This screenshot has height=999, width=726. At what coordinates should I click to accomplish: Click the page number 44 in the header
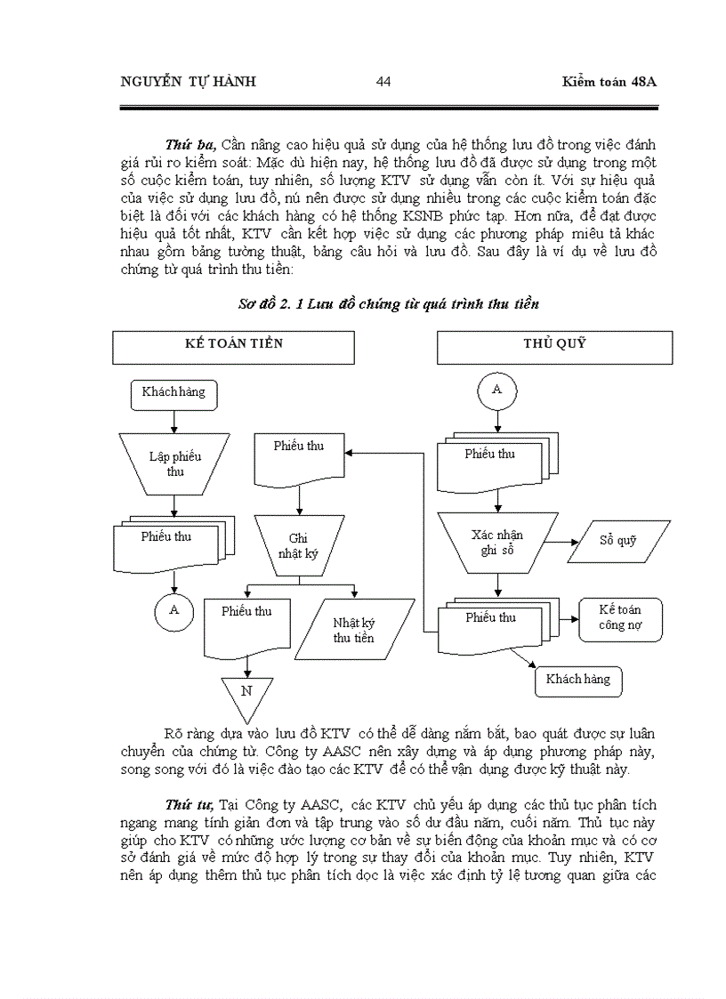point(383,82)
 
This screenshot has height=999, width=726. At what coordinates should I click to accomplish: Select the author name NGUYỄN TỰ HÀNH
point(187,82)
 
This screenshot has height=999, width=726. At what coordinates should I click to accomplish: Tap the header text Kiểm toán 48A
point(609,82)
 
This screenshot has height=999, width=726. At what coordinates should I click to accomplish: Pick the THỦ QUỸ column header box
point(554,345)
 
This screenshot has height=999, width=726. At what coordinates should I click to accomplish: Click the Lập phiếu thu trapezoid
point(174,463)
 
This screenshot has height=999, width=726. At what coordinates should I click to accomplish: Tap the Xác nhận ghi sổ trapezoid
point(496,542)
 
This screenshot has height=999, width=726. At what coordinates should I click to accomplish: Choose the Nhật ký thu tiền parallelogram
point(353,630)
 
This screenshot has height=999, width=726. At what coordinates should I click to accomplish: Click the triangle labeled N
point(246,694)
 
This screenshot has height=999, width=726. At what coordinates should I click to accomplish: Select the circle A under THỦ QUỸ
point(496,390)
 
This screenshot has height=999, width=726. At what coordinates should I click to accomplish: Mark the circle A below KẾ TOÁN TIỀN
point(174,610)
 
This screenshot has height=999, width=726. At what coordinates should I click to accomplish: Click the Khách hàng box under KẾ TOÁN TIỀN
point(173,391)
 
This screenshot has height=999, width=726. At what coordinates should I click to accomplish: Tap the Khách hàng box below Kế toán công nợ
point(578,680)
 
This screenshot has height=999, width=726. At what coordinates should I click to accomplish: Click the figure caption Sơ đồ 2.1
point(389,303)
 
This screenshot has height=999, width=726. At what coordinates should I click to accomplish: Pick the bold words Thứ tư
point(188,804)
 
